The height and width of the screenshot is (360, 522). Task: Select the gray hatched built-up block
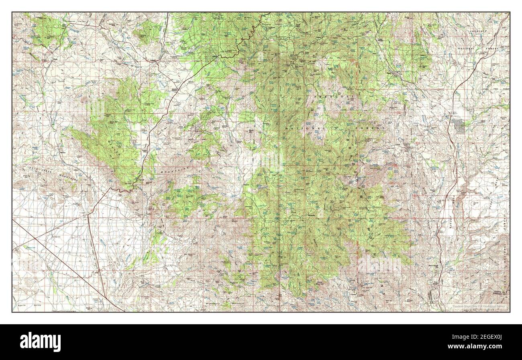458,126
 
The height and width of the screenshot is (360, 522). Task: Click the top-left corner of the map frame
12,12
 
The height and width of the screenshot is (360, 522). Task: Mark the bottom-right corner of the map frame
510,312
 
